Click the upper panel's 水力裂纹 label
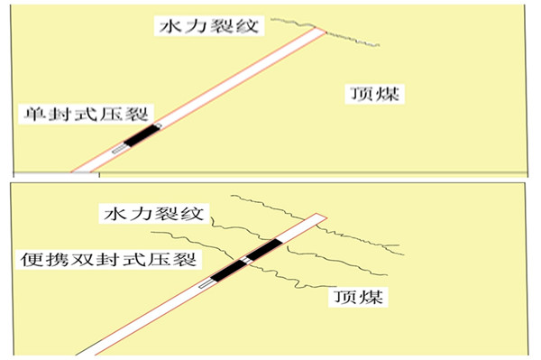point(207,24)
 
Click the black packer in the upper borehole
point(139,135)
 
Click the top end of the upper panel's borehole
point(317,33)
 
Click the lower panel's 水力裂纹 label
point(154,216)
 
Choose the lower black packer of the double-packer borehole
point(226,271)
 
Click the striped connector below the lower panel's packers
point(206,283)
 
